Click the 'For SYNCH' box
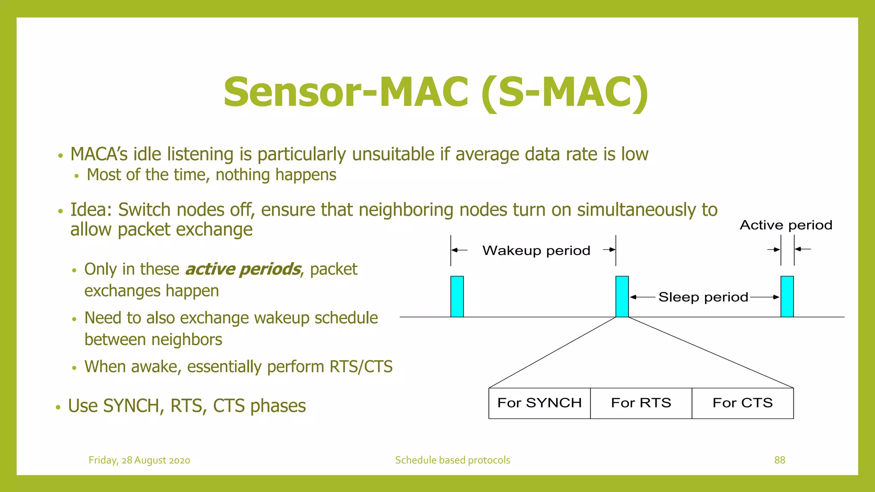539,403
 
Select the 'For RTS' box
641,403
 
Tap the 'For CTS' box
743,403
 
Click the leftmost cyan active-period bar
457,296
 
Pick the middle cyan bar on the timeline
622,296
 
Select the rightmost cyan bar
787,296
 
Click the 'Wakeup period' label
536,250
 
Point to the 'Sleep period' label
703,297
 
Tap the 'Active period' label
786,225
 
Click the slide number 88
780,460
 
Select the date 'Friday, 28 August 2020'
139,460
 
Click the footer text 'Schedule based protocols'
452,460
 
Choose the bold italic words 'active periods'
243,269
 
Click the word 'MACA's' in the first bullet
99,154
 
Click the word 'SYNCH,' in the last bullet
134,406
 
